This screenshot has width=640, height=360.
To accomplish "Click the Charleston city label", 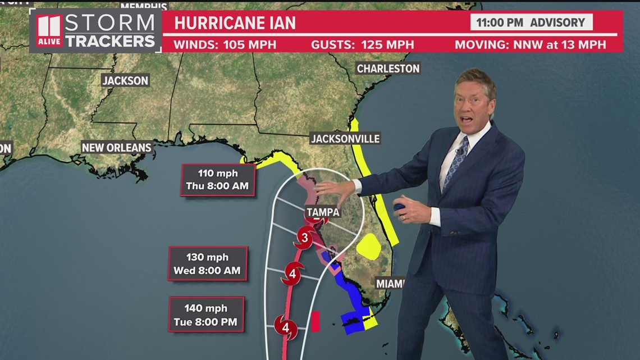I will tap(388, 69).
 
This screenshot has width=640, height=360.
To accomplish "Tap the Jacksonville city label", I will tap(345, 139).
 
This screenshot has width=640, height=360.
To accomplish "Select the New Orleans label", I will tap(116, 148).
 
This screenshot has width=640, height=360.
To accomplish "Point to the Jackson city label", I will tap(125, 81).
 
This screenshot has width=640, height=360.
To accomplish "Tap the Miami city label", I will tap(390, 284).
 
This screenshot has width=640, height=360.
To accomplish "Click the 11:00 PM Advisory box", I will tap(531, 22).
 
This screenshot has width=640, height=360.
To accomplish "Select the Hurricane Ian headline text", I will tap(235, 23).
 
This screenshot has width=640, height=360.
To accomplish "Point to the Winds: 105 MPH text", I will tap(225, 44).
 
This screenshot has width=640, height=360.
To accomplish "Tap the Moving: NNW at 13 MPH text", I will tap(530, 44).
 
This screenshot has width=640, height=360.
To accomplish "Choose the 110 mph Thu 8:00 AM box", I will tap(218, 180).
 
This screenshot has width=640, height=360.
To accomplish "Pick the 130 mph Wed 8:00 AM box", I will tap(207, 264).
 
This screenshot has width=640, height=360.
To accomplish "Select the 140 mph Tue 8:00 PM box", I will tap(206, 315).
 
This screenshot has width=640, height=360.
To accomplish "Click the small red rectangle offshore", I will tap(316, 321).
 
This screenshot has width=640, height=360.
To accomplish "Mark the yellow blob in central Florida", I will tap(369, 246).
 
